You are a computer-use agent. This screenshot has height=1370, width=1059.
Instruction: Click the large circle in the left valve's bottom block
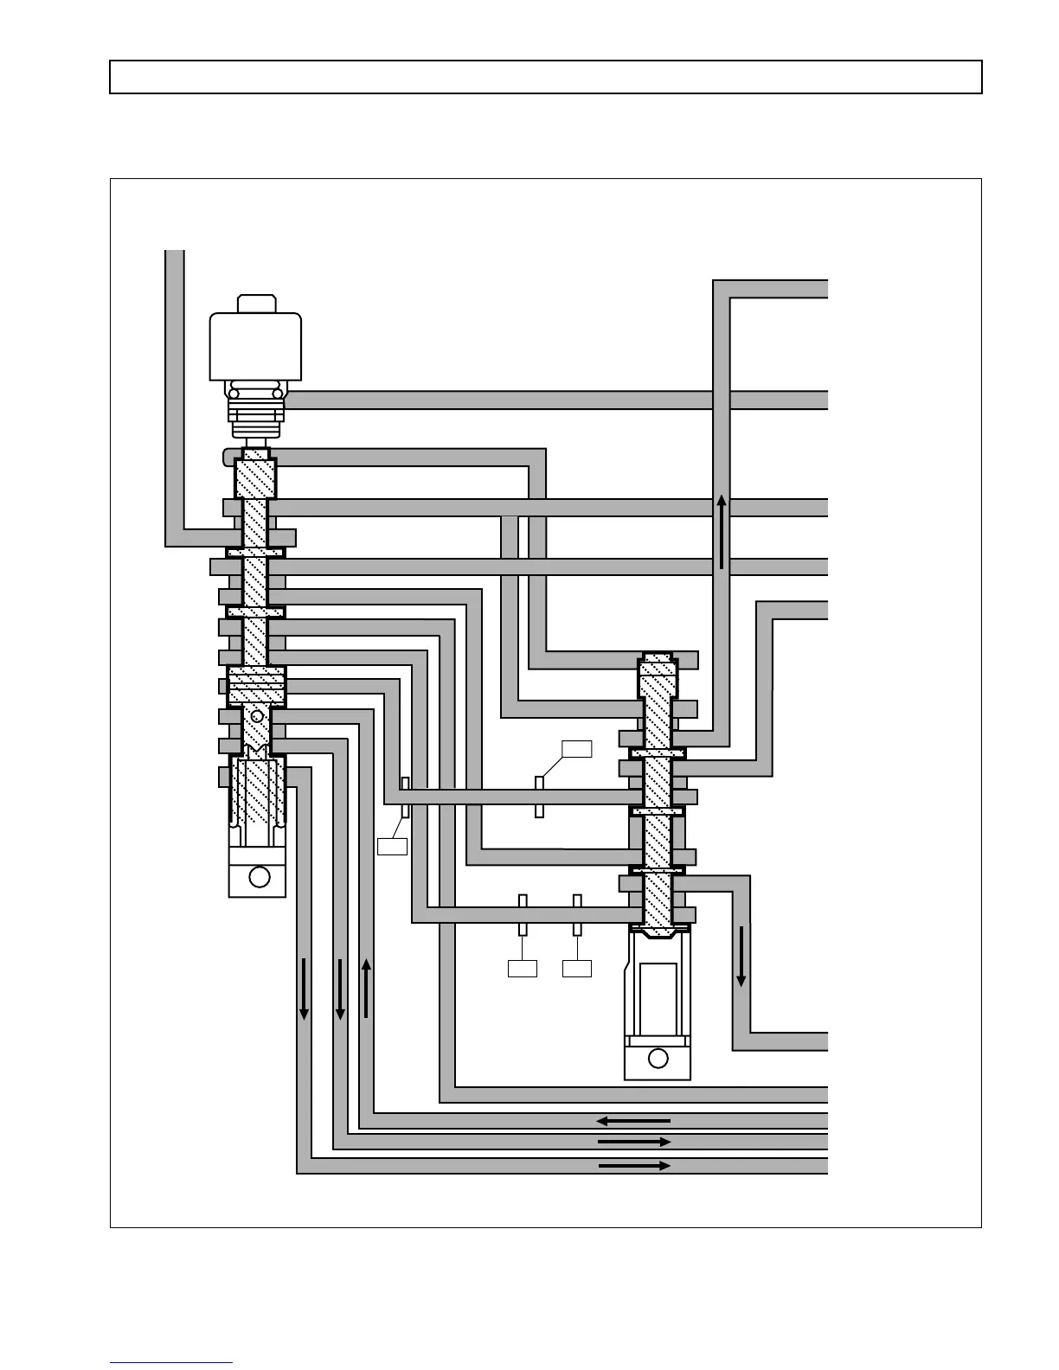coord(259,877)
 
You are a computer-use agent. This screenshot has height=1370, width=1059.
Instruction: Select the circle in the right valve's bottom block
coord(658,1058)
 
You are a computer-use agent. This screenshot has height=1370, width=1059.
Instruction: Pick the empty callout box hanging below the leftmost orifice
coord(392,846)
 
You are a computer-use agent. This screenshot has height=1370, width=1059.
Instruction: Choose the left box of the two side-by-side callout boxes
coord(522,969)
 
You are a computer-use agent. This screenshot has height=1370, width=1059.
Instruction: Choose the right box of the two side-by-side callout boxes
coord(577,969)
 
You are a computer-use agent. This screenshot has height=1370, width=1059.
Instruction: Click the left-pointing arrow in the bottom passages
coord(633,1121)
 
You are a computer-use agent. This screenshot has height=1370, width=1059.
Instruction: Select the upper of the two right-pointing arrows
coord(633,1142)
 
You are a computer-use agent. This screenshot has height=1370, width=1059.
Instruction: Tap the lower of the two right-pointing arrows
coord(633,1166)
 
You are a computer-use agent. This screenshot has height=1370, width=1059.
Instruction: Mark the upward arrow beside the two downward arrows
coord(367,988)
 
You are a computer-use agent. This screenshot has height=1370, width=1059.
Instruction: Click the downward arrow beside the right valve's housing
coord(741,956)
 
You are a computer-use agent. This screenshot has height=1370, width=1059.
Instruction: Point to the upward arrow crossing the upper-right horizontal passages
coord(722,532)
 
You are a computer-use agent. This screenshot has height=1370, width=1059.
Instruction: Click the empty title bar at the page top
coord(545,77)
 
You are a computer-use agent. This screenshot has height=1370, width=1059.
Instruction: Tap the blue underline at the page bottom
coord(171,1363)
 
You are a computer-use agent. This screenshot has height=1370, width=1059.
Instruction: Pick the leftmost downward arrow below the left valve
coord(305,988)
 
